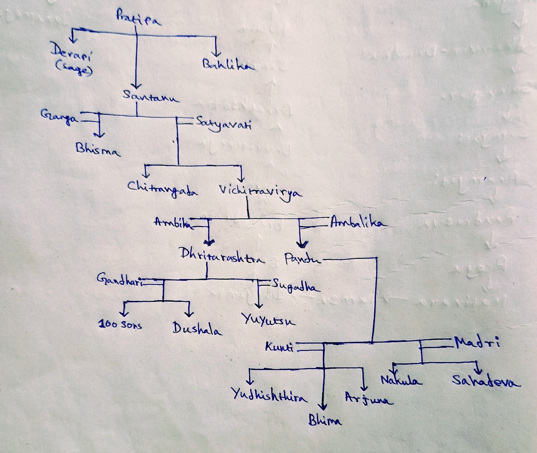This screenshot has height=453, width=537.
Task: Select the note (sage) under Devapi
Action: pyautogui.click(x=74, y=69)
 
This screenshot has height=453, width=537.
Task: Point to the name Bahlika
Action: pyautogui.click(x=228, y=64)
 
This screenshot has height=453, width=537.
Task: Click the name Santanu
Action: pyautogui.click(x=150, y=96)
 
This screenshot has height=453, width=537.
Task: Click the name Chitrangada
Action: pyautogui.click(x=162, y=189)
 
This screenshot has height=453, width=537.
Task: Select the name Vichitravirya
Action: pyautogui.click(x=260, y=191)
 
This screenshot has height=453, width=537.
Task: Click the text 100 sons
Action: pyautogui.click(x=120, y=324)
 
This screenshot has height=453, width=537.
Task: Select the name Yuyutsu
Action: pyautogui.click(x=268, y=320)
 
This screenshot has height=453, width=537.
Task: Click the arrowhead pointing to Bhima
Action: pyautogui.click(x=322, y=406)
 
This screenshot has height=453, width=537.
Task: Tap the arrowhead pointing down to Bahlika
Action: pyautogui.click(x=216, y=54)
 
